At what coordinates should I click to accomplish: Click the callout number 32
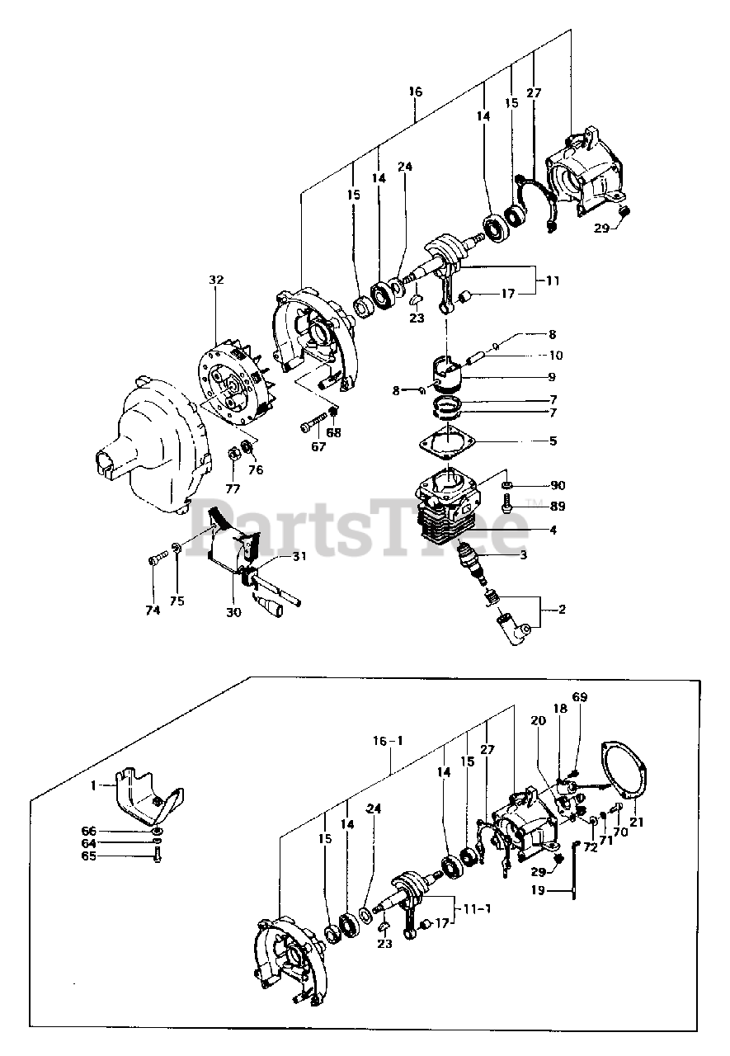216,280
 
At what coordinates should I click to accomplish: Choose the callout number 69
580,697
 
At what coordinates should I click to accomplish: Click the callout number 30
233,611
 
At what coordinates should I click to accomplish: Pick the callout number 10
555,356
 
